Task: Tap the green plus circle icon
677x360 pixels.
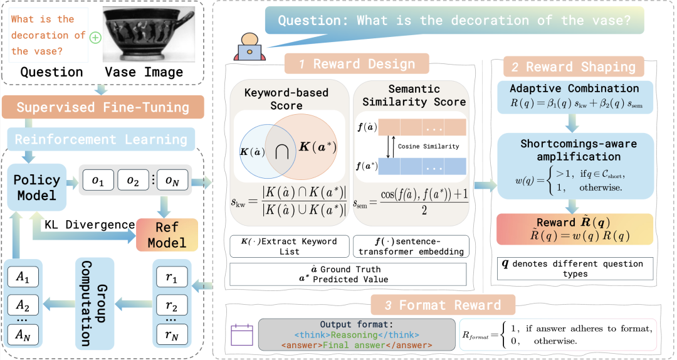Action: (95, 38)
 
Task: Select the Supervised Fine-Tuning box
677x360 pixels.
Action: (103, 107)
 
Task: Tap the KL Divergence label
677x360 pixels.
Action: (90, 224)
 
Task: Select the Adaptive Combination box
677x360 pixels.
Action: (574, 96)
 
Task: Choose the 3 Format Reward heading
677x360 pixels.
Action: (443, 305)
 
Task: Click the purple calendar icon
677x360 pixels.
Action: (241, 334)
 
